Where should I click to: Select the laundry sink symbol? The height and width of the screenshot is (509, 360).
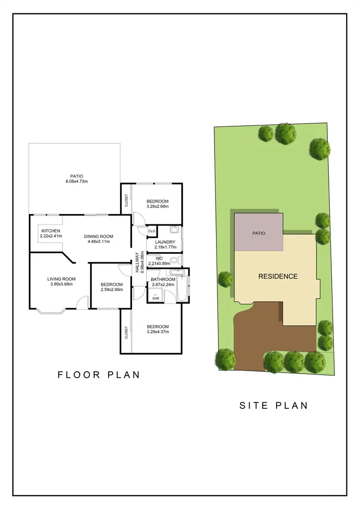point(174,229)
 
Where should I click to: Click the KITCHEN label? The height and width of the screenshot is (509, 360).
point(50,231)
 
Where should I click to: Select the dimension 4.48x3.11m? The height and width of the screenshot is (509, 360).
point(98,242)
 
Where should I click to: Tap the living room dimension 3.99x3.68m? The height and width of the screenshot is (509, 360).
point(61,285)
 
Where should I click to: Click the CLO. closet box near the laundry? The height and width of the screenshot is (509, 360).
point(152,231)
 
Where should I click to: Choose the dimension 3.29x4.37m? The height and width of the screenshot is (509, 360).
point(158,332)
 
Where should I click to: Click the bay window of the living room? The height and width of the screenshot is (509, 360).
point(50,312)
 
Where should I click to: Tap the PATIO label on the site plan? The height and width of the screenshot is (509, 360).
point(259,233)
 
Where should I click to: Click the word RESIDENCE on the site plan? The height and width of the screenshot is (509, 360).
point(278,276)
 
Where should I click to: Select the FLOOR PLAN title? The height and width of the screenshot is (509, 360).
point(99,375)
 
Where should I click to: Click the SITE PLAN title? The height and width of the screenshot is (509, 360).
point(273,405)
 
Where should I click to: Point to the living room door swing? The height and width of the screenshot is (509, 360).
point(84,303)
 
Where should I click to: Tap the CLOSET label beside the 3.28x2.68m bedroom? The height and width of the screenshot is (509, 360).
point(126,200)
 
